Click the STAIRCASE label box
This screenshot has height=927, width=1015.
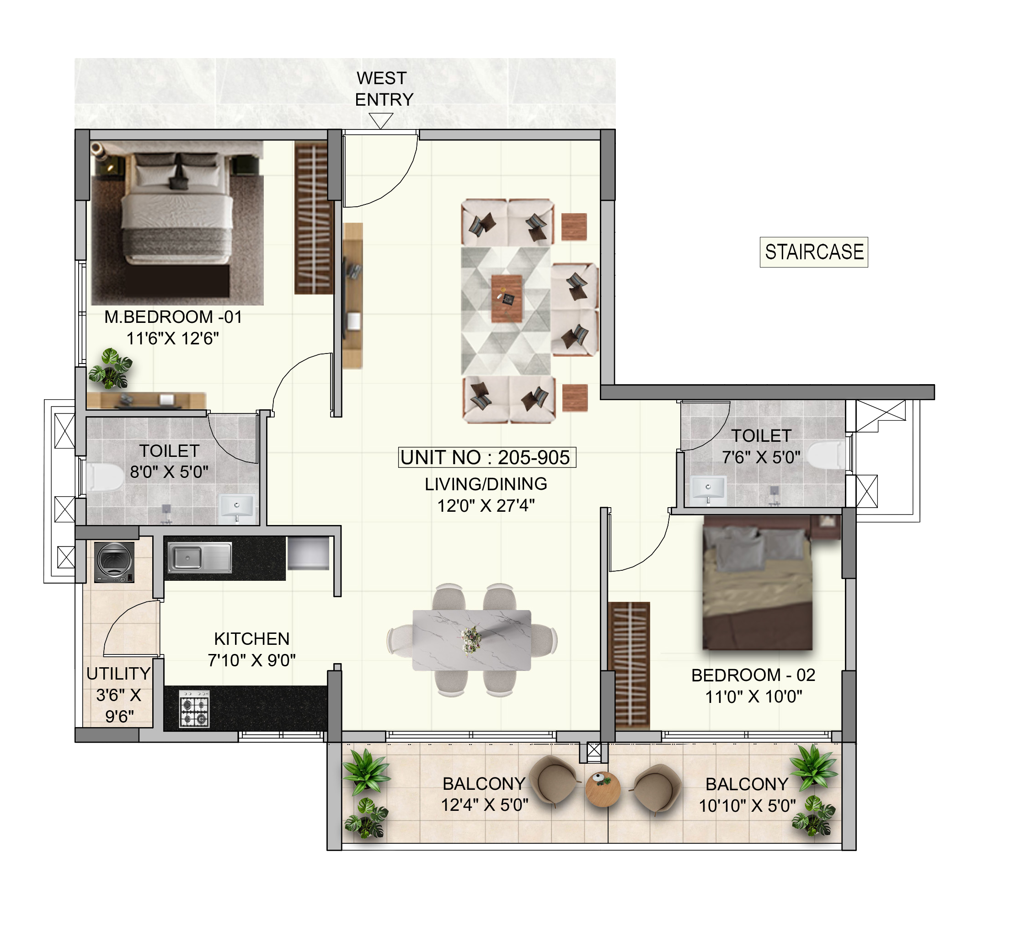814,252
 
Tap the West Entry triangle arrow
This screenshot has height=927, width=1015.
380,120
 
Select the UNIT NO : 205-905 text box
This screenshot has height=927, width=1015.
487,457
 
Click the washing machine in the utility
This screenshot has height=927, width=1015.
114,563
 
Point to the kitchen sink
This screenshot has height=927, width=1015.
199,557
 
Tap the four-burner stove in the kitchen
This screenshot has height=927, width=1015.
194,708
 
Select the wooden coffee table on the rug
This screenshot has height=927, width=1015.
507,299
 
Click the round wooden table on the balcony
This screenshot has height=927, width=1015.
603,789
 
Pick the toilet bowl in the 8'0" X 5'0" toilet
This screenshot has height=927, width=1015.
105,477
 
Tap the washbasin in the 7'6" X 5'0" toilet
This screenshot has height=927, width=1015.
708,489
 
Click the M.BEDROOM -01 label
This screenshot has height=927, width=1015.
173,317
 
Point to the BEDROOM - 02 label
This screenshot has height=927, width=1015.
753,675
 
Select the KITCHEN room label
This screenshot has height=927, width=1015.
252,639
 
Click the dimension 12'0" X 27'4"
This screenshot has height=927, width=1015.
486,505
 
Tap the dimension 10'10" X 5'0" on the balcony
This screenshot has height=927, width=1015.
747,806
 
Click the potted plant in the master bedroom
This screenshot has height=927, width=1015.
110,369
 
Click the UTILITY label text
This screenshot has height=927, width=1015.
119,674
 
